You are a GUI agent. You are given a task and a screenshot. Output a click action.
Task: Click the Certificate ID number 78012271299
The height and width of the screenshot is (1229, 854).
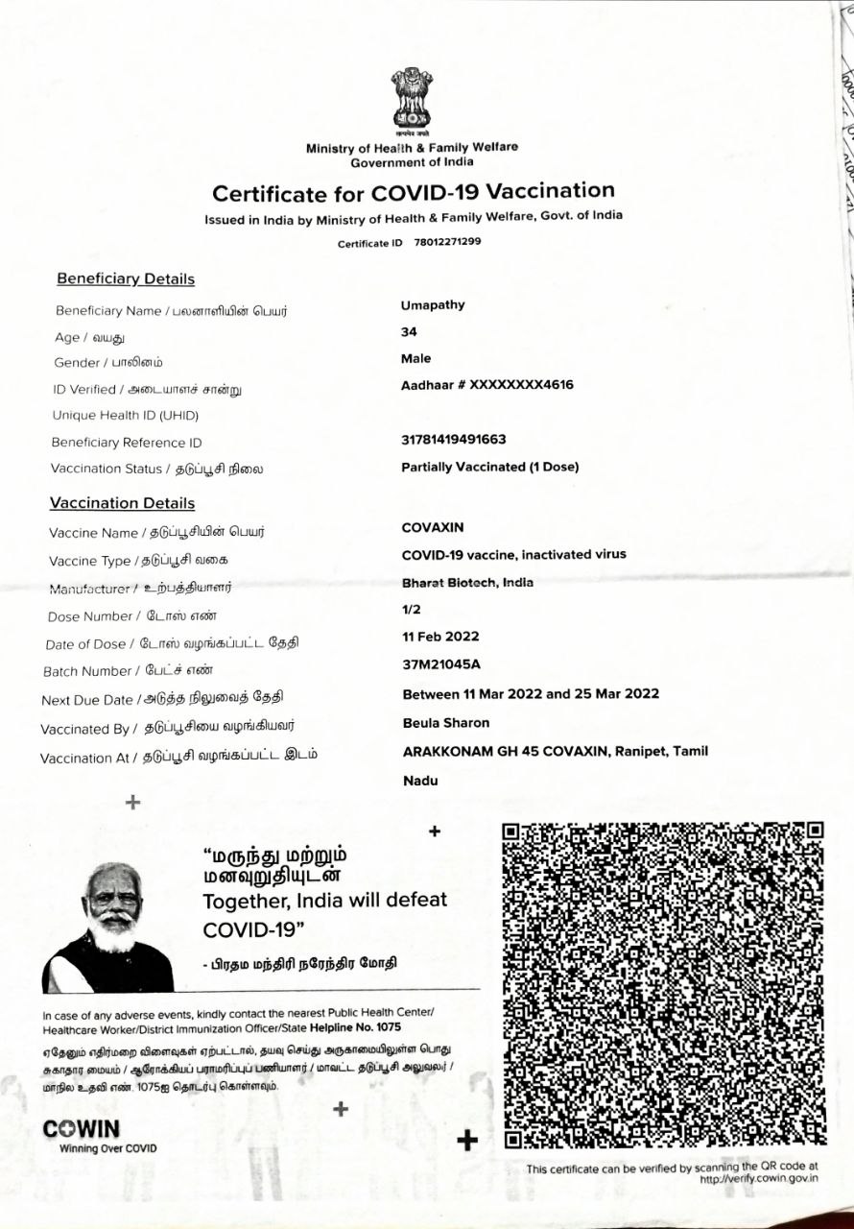click(x=447, y=242)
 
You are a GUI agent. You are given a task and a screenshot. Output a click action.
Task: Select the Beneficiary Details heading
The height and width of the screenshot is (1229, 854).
click(x=126, y=279)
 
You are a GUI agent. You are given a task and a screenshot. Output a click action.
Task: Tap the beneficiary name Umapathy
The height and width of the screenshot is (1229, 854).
click(x=433, y=305)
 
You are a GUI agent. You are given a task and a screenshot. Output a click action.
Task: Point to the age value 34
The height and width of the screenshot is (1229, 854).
click(x=409, y=331)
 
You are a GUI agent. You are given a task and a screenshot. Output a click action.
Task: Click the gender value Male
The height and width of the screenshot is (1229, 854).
click(x=416, y=358)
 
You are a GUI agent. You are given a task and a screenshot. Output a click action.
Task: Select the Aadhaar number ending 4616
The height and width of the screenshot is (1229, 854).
click(x=487, y=385)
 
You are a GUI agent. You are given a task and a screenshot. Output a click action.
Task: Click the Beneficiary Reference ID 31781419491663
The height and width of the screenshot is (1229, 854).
click(x=454, y=440)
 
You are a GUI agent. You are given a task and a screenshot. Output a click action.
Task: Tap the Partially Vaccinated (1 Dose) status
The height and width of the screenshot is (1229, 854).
click(x=489, y=468)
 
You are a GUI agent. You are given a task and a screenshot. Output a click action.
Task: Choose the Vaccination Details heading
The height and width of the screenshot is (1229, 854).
click(x=122, y=503)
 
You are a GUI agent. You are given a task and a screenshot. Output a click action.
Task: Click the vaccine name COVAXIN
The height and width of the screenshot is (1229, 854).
click(x=433, y=527)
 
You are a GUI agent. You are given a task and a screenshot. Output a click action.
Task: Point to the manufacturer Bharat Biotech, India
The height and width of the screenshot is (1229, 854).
click(x=467, y=582)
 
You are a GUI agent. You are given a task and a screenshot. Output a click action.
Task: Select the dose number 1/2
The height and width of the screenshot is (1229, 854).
click(x=412, y=609)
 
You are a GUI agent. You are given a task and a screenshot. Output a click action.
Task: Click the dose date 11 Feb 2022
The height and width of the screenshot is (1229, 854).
click(x=440, y=636)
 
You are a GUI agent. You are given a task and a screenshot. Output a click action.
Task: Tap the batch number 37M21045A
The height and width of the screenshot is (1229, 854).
click(x=441, y=663)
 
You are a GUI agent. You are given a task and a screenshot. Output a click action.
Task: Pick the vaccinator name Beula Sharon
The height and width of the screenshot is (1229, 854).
click(x=446, y=723)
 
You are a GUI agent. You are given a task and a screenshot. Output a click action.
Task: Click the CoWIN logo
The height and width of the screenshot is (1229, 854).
click(x=82, y=1130)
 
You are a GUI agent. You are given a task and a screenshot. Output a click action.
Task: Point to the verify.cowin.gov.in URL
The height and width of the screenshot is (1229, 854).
click(x=759, y=1178)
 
